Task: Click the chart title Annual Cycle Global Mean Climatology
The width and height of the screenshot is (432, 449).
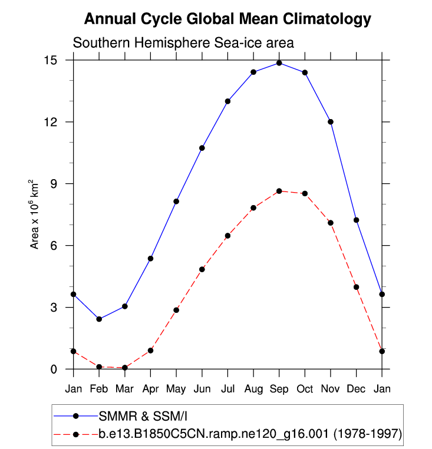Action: [x=227, y=19]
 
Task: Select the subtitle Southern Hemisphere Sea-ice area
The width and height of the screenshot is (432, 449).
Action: [x=183, y=44]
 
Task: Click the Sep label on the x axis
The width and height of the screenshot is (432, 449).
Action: [x=279, y=389]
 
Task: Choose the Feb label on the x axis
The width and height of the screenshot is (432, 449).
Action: [x=99, y=389]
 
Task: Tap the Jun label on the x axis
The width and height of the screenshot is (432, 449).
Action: [x=202, y=389]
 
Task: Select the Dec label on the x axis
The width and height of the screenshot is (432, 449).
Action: [x=356, y=389]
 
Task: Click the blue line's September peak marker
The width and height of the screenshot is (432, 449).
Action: [x=279, y=63]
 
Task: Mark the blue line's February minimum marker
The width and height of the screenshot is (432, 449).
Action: [x=99, y=319]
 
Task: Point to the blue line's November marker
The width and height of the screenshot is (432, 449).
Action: [x=331, y=122]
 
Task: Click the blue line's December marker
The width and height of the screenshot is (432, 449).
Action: [x=356, y=220]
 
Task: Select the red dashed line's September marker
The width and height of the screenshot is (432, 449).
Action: [x=279, y=191]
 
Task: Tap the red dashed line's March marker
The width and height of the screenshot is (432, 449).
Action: [x=125, y=368]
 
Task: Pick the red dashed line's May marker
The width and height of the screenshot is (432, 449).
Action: [x=176, y=310]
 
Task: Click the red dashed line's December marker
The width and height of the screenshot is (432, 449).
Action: [x=356, y=287]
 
